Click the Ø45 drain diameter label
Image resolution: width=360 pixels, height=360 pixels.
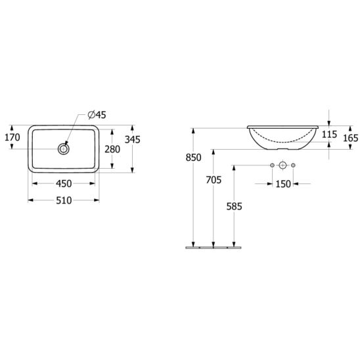(97, 115)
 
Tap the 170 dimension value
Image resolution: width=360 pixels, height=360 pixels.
(12, 137)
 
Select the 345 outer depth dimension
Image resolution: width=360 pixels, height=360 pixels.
(133, 139)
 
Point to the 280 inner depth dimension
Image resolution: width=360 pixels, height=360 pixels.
(112, 149)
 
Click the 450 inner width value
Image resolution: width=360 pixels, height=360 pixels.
(64, 183)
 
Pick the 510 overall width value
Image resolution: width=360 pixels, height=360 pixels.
(64, 200)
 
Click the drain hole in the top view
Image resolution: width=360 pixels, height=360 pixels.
(63, 149)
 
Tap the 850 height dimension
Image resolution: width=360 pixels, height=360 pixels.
(194, 158)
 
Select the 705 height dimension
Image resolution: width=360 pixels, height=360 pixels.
(214, 180)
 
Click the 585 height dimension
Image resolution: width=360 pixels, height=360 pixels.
(234, 206)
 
